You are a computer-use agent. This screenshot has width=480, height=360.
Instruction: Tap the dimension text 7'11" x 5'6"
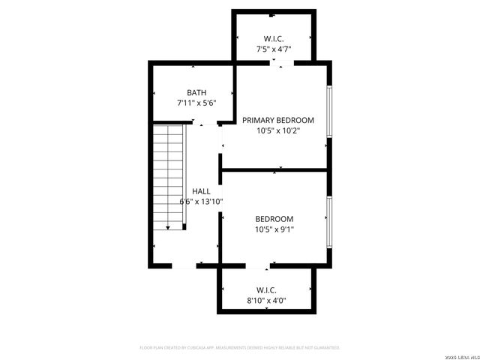(x=196, y=103)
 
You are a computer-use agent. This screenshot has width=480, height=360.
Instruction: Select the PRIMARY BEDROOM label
(x=277, y=120)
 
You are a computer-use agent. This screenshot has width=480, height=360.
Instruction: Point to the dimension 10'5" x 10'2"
(x=277, y=130)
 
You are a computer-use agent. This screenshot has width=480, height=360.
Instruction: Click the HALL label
(x=201, y=191)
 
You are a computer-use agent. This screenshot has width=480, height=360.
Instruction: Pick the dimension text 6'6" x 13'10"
(x=201, y=201)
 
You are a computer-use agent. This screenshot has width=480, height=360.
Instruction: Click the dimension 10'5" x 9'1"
(x=274, y=229)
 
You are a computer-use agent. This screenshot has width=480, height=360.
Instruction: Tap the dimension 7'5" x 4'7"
(x=274, y=49)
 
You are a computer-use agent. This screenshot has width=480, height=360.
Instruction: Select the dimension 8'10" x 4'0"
(x=266, y=300)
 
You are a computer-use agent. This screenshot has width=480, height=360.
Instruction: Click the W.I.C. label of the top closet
(x=274, y=39)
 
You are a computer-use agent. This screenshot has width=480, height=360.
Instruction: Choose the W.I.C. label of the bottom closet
(x=266, y=289)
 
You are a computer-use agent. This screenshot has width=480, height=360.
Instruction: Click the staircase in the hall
(x=169, y=176)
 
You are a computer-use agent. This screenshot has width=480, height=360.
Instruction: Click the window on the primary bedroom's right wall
(x=328, y=112)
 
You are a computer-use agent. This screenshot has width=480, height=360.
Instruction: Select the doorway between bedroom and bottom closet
(x=258, y=265)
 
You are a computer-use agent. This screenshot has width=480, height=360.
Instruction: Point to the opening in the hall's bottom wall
(x=184, y=265)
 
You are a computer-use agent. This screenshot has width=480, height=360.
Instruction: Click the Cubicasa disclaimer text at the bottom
(x=240, y=348)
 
